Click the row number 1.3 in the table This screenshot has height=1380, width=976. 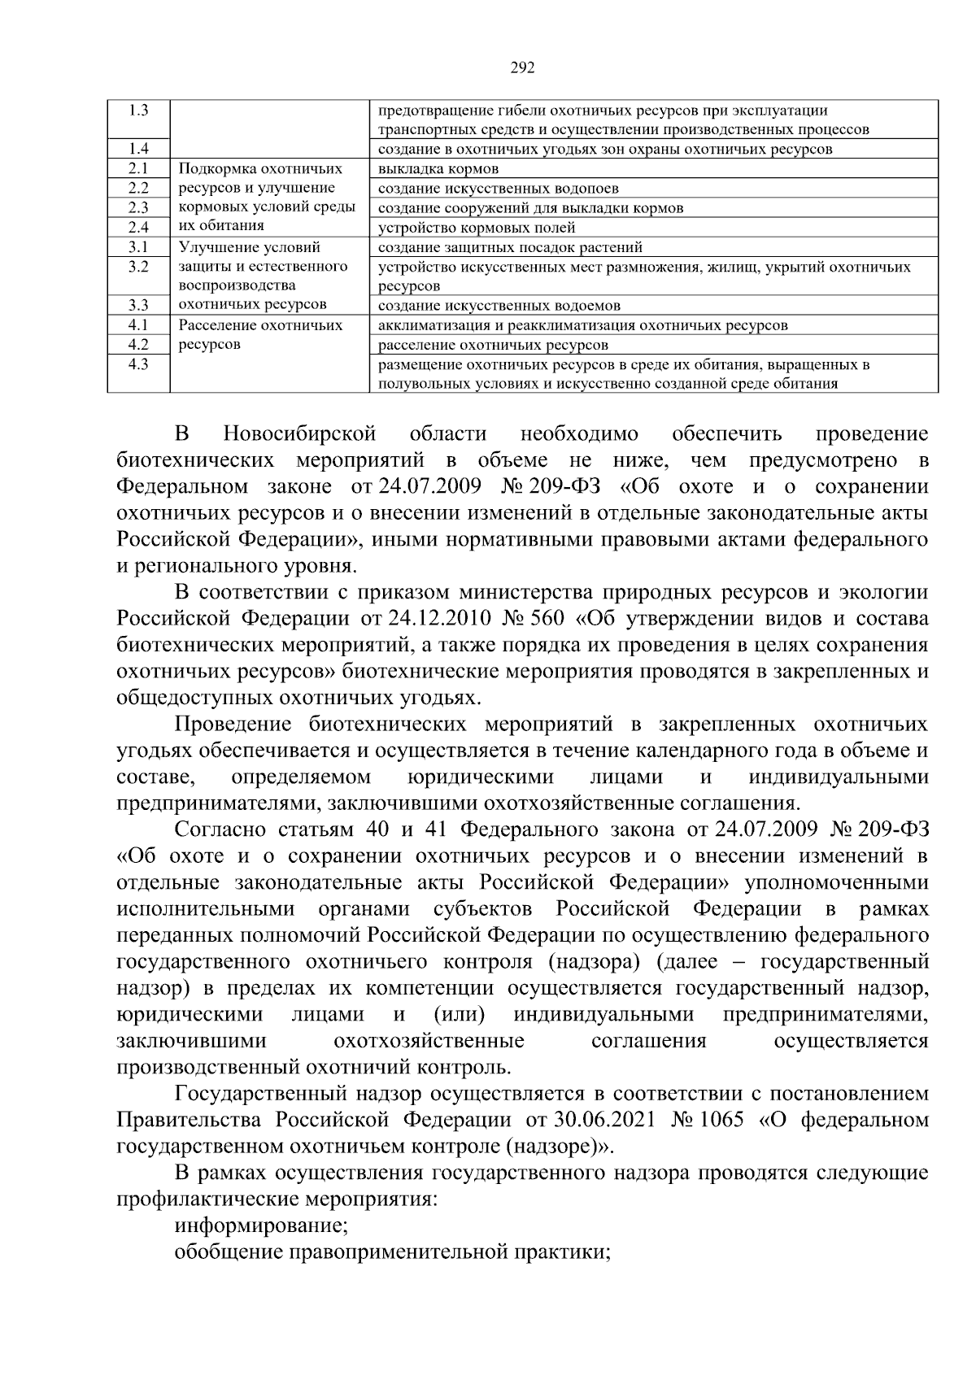pyautogui.click(x=138, y=111)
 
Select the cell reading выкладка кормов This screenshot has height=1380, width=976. pyautogui.click(x=438, y=169)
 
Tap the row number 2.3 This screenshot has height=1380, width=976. pyautogui.click(x=138, y=207)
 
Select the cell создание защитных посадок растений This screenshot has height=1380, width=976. pyautogui.click(x=510, y=247)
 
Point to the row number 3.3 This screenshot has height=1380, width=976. pyautogui.click(x=138, y=305)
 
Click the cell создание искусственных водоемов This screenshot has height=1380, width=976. pyautogui.click(x=499, y=306)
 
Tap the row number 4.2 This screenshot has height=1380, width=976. pyautogui.click(x=138, y=344)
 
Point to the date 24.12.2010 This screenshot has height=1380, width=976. pyautogui.click(x=439, y=619)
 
